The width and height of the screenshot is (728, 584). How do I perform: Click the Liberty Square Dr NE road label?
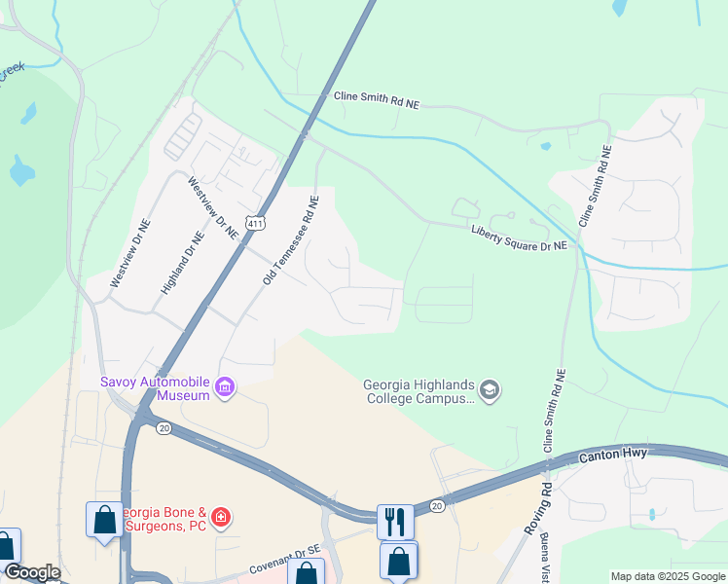point(519,238)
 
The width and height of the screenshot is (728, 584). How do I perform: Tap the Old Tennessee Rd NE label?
point(291,241)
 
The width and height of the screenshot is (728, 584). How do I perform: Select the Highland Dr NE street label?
point(184,263)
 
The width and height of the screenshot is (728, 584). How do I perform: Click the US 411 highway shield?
point(255,223)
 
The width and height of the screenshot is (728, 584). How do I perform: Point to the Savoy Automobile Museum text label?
point(156,388)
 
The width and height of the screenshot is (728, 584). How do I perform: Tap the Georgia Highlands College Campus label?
point(420,390)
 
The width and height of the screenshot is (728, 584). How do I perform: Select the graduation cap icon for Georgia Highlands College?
point(490,390)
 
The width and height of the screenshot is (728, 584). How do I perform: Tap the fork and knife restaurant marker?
point(395,521)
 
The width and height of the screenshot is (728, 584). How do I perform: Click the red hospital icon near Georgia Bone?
point(222,515)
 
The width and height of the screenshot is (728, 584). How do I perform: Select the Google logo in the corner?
point(32,572)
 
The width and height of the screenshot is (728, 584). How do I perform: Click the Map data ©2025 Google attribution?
point(667,576)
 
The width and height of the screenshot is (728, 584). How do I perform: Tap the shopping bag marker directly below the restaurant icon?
point(399,561)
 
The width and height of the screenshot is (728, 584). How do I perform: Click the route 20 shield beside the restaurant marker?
point(436,506)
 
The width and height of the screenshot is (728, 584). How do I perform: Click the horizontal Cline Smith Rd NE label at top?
point(376,98)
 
